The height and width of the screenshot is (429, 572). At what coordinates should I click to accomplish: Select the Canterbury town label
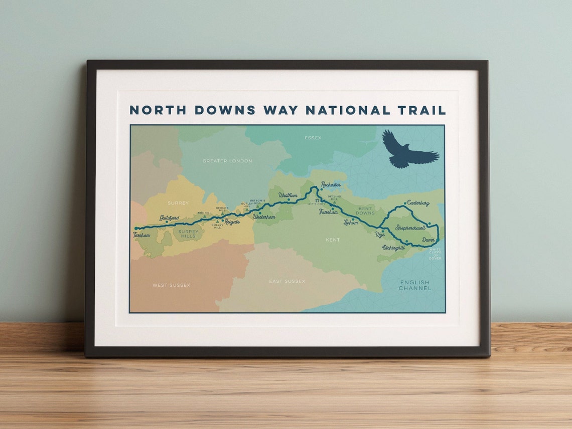tap(418, 203)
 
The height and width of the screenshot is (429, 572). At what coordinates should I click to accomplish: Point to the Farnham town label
tap(141, 235)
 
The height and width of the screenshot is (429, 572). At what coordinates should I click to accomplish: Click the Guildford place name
tap(169, 218)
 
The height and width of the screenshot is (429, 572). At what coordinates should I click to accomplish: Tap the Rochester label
tap(331, 185)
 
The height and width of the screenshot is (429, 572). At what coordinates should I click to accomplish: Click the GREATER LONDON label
tap(227, 161)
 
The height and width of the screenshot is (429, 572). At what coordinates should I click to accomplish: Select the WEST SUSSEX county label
tap(172, 285)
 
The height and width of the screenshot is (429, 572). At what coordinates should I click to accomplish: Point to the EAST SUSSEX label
tap(287, 281)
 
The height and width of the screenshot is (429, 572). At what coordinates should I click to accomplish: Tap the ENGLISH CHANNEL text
tap(415, 286)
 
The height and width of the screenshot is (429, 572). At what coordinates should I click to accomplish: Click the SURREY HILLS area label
tap(189, 233)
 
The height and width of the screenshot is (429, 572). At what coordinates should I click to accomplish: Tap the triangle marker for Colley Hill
tap(217, 220)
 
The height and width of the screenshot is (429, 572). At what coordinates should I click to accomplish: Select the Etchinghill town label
tap(393, 247)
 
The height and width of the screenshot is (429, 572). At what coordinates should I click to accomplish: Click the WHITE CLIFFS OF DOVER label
tap(435, 255)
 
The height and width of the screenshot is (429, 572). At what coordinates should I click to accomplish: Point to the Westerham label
tap(264, 218)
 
